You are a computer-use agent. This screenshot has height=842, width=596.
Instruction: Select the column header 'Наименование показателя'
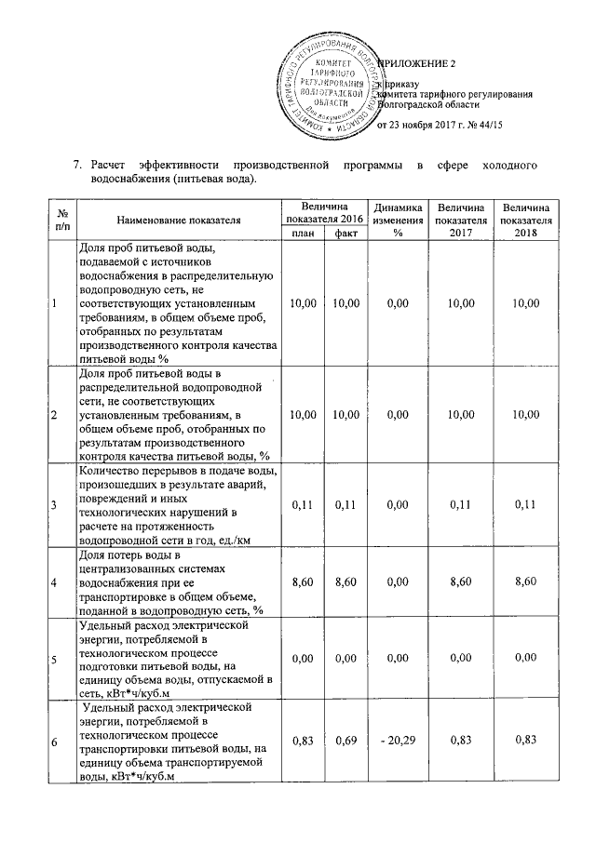pos(179,220)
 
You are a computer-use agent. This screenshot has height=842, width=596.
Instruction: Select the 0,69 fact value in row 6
pos(345,740)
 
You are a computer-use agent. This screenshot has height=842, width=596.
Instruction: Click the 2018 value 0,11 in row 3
pos(526,504)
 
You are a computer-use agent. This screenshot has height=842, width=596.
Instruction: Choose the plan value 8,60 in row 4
pos(303,581)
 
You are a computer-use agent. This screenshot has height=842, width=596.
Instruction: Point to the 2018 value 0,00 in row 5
pos(526,658)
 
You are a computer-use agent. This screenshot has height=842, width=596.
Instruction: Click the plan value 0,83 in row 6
pos(303,740)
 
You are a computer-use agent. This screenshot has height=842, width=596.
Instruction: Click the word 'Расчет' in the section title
pos(110,166)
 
